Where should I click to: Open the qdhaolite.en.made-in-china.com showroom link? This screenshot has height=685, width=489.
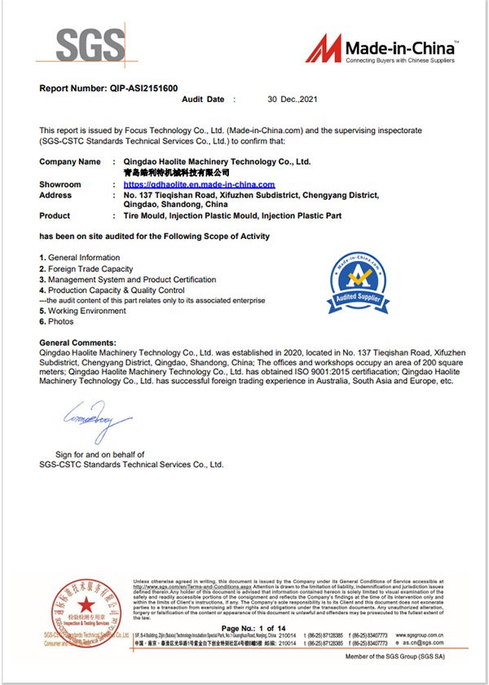coord(193,185)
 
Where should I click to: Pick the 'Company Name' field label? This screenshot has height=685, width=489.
coord(70,162)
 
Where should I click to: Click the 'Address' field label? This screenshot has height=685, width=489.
coord(55,196)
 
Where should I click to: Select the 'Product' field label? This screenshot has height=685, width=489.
coord(55,216)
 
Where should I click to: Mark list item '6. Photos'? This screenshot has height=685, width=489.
coord(61,322)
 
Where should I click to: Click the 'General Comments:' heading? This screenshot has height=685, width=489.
coord(78,342)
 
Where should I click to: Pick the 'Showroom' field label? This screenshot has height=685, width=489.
coord(60,185)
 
